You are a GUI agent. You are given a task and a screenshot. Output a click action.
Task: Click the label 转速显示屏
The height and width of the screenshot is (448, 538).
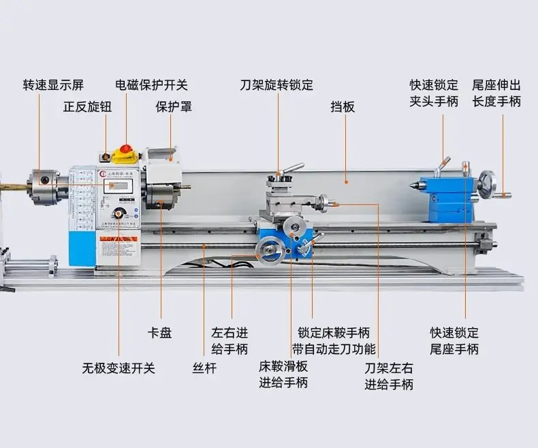(x=53, y=85)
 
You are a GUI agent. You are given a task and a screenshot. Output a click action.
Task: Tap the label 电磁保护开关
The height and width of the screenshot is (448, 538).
(x=151, y=85)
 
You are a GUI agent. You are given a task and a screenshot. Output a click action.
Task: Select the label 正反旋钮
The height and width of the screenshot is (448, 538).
(x=87, y=107)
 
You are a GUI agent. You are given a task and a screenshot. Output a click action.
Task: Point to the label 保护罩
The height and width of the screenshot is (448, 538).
(x=174, y=107)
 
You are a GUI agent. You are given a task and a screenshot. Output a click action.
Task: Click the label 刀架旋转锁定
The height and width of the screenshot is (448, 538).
(x=276, y=85)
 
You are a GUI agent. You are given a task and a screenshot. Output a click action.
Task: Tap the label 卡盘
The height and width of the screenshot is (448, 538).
(x=160, y=333)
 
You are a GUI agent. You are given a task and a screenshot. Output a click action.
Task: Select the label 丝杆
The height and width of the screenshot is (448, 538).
(x=204, y=368)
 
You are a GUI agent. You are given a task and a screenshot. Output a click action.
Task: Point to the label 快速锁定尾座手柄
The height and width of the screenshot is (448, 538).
(x=454, y=340)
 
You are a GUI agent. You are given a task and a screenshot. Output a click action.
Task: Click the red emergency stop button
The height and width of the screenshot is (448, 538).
(x=126, y=148)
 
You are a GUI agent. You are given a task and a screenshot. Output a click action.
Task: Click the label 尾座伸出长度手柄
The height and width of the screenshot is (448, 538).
(x=496, y=93)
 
